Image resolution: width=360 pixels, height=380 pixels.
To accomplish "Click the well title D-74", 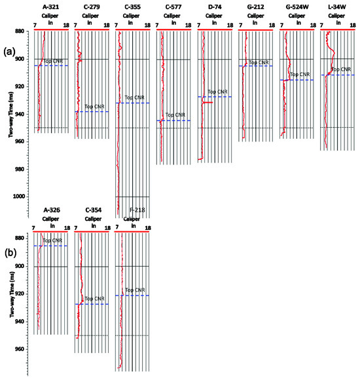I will coord(215,7).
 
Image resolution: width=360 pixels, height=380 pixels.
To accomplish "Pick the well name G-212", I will coord(255,7).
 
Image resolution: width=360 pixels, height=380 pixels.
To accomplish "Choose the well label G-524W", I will coord(297,7).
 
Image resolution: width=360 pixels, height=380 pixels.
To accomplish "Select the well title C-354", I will coord(93,210).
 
